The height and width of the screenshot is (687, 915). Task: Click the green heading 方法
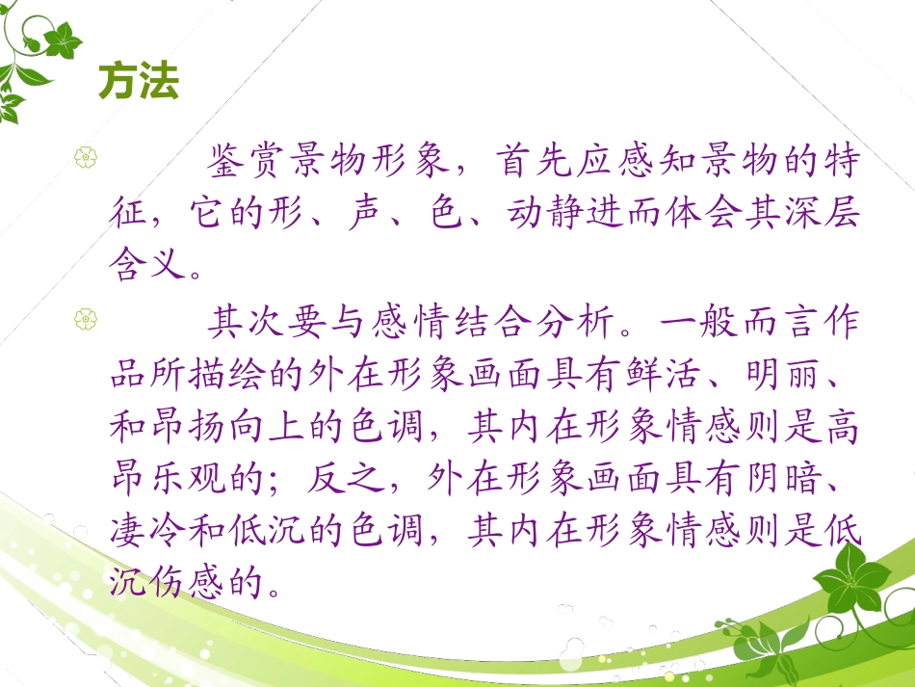pos(139,83)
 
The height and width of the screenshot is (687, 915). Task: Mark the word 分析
pos(570,322)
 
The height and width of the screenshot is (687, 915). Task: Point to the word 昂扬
pos(192,425)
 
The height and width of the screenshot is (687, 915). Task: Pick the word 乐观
pos(192,477)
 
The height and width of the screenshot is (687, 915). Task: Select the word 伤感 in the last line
pos(192,581)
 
